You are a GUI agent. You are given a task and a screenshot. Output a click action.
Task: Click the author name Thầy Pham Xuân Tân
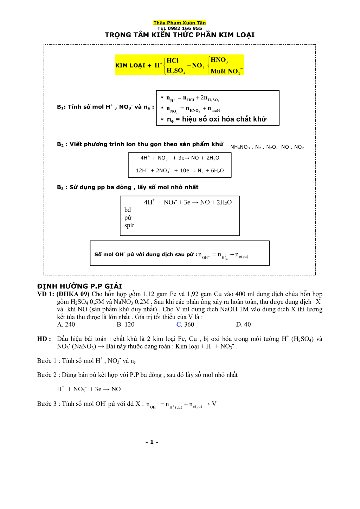click(x=180, y=23)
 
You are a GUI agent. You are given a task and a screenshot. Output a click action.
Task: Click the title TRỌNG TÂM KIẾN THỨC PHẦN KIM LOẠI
click(x=180, y=35)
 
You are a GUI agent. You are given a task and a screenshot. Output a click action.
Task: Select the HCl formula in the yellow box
click(x=173, y=60)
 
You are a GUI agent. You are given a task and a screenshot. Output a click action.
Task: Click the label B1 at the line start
click(x=61, y=107)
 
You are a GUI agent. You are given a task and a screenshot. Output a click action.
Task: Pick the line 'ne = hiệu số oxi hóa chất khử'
click(x=217, y=119)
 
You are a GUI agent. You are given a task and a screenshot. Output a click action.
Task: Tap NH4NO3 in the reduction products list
click(x=240, y=147)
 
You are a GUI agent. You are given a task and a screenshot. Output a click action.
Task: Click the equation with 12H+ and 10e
click(x=180, y=171)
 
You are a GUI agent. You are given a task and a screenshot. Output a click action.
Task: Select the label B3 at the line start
click(x=60, y=188)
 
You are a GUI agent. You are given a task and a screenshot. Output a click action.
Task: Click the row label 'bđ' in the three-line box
click(x=128, y=210)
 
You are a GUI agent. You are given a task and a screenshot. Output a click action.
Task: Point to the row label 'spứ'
click(x=129, y=226)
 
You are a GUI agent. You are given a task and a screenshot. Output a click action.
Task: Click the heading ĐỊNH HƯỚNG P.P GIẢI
click(x=80, y=286)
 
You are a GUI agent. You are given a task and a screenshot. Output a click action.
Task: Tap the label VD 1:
click(x=45, y=294)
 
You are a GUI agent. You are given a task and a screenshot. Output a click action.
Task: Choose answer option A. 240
click(x=66, y=325)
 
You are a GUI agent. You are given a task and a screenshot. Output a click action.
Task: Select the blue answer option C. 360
click(x=185, y=325)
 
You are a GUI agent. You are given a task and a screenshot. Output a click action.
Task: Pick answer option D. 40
click(x=244, y=325)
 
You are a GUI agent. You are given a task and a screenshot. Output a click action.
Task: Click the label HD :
click(x=44, y=339)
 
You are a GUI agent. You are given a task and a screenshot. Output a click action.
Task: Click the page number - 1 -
click(x=152, y=442)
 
